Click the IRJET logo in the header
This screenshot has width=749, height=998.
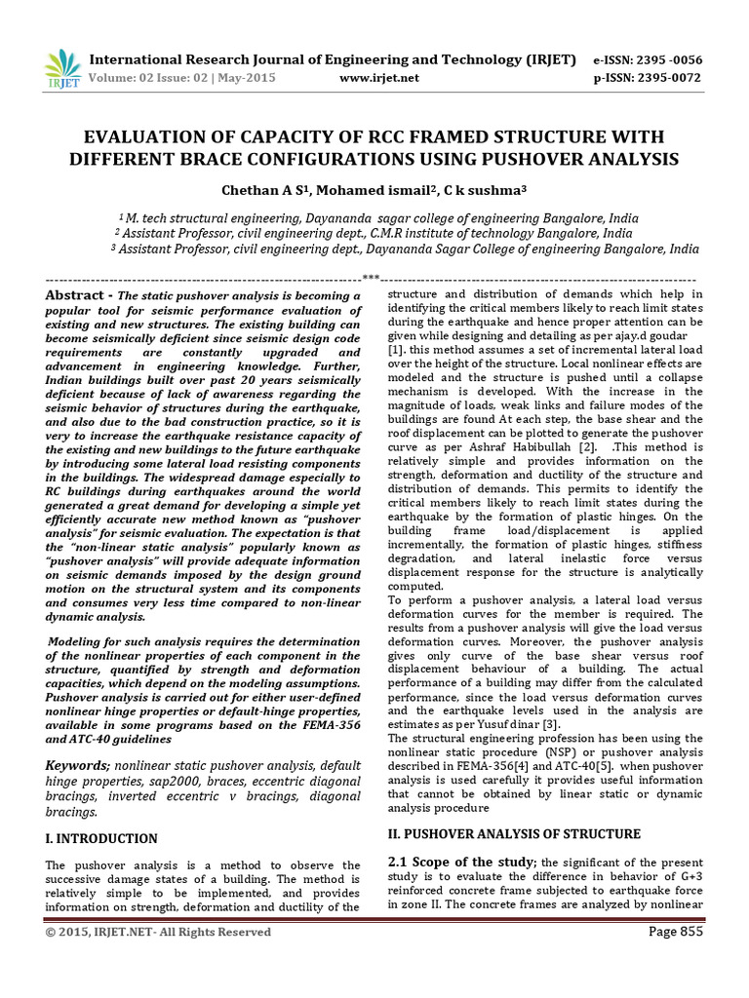pyautogui.click(x=63, y=69)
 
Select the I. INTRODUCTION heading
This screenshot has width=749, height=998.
pyautogui.click(x=101, y=838)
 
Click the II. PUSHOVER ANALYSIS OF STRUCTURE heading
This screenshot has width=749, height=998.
pyautogui.click(x=514, y=834)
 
